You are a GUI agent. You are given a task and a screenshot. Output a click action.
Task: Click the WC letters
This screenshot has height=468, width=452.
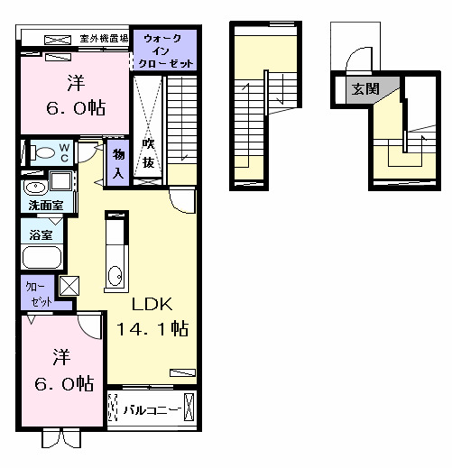65,150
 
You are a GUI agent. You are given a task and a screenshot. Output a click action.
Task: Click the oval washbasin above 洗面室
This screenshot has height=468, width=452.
35,188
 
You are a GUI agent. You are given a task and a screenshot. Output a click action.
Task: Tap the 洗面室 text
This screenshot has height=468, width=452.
44,206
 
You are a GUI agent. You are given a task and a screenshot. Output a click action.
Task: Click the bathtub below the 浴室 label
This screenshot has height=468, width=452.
41,258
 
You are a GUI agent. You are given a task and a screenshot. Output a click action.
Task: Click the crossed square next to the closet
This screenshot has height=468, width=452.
69,288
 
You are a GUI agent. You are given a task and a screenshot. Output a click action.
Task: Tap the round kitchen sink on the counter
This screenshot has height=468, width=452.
115,275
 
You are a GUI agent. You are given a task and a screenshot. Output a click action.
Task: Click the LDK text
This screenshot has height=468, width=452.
152,303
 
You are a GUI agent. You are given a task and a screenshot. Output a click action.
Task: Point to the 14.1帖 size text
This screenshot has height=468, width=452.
152,329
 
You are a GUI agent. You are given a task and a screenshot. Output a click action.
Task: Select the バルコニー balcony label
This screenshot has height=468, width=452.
152,410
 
